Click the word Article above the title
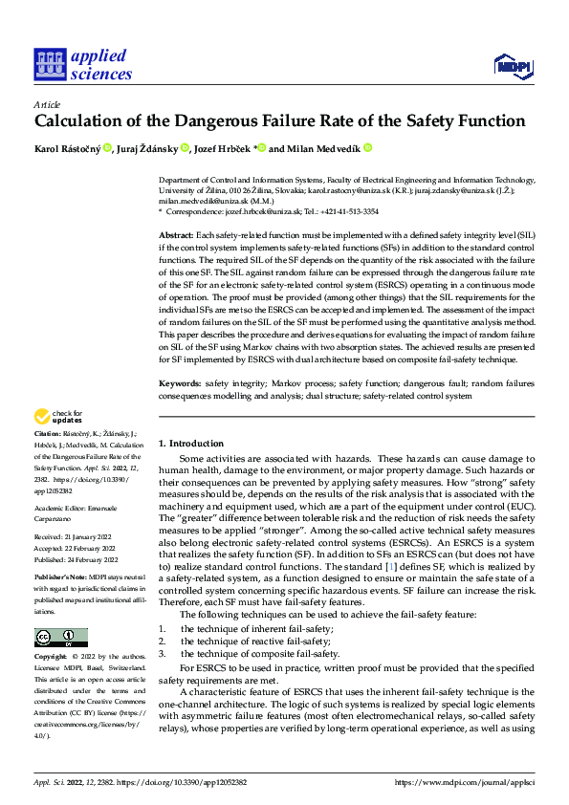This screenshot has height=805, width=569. coord(47,104)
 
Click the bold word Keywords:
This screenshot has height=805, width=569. coord(180,382)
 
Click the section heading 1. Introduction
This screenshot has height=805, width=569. coord(191,444)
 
